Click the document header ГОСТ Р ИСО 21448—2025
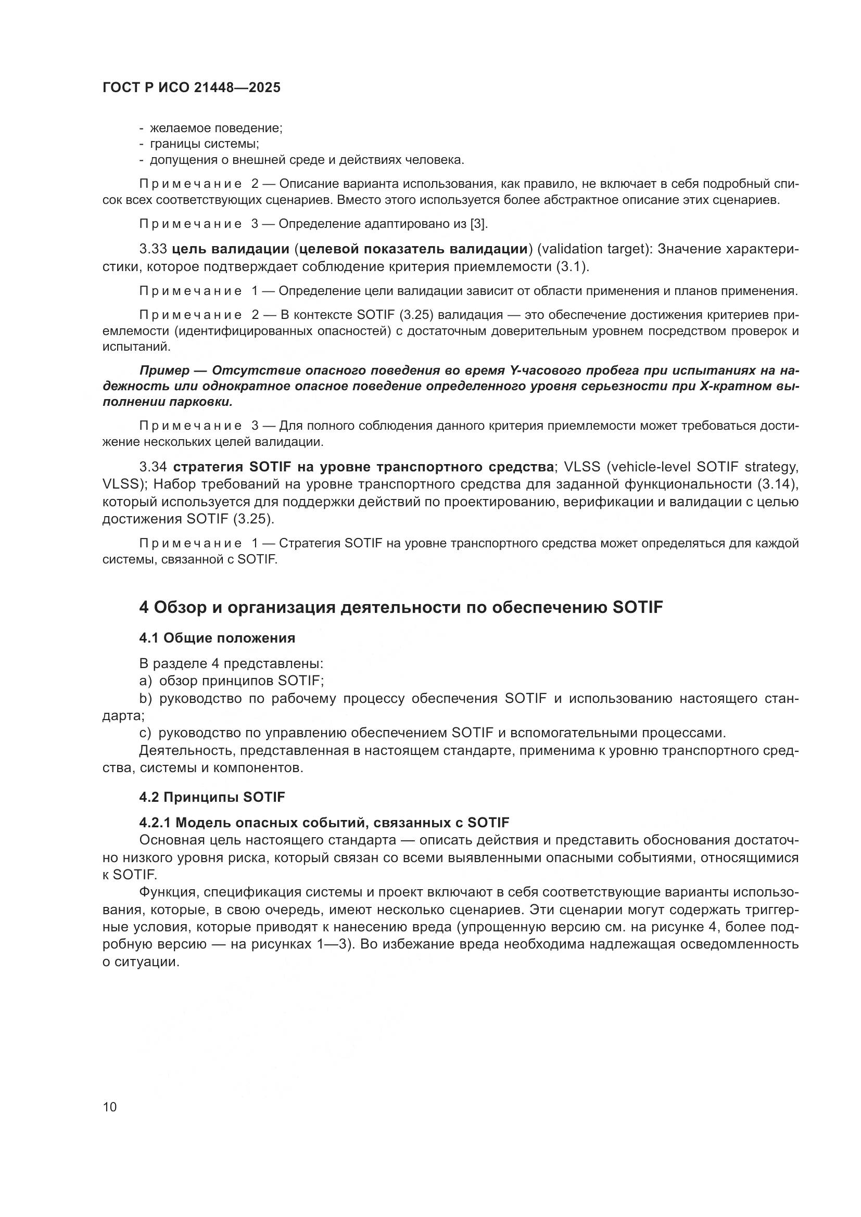tap(192, 87)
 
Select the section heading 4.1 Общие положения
tap(217, 638)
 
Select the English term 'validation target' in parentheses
tap(594, 249)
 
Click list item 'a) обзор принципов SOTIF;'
tap(231, 681)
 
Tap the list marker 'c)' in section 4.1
tap(146, 733)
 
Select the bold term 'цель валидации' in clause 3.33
tap(231, 249)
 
